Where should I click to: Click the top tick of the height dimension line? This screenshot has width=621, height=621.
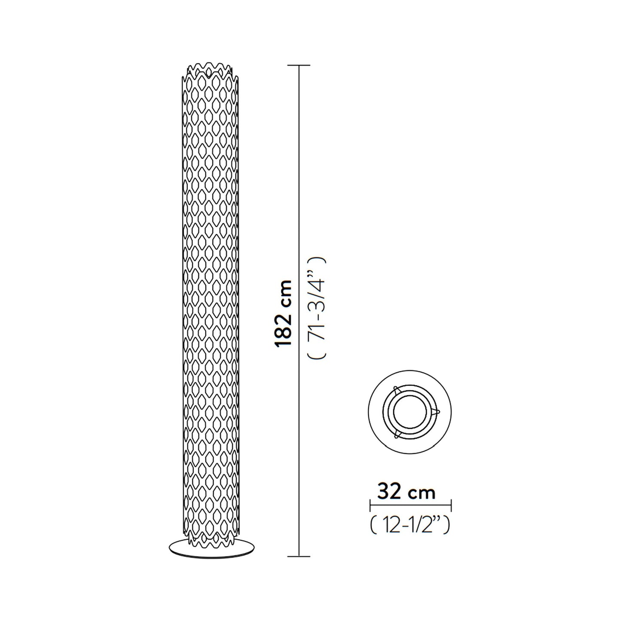click(299, 65)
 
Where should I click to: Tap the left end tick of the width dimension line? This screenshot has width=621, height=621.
click(370, 505)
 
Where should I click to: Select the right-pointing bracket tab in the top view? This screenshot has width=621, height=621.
click(437, 411)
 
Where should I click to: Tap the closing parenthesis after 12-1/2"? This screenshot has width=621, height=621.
click(447, 525)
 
